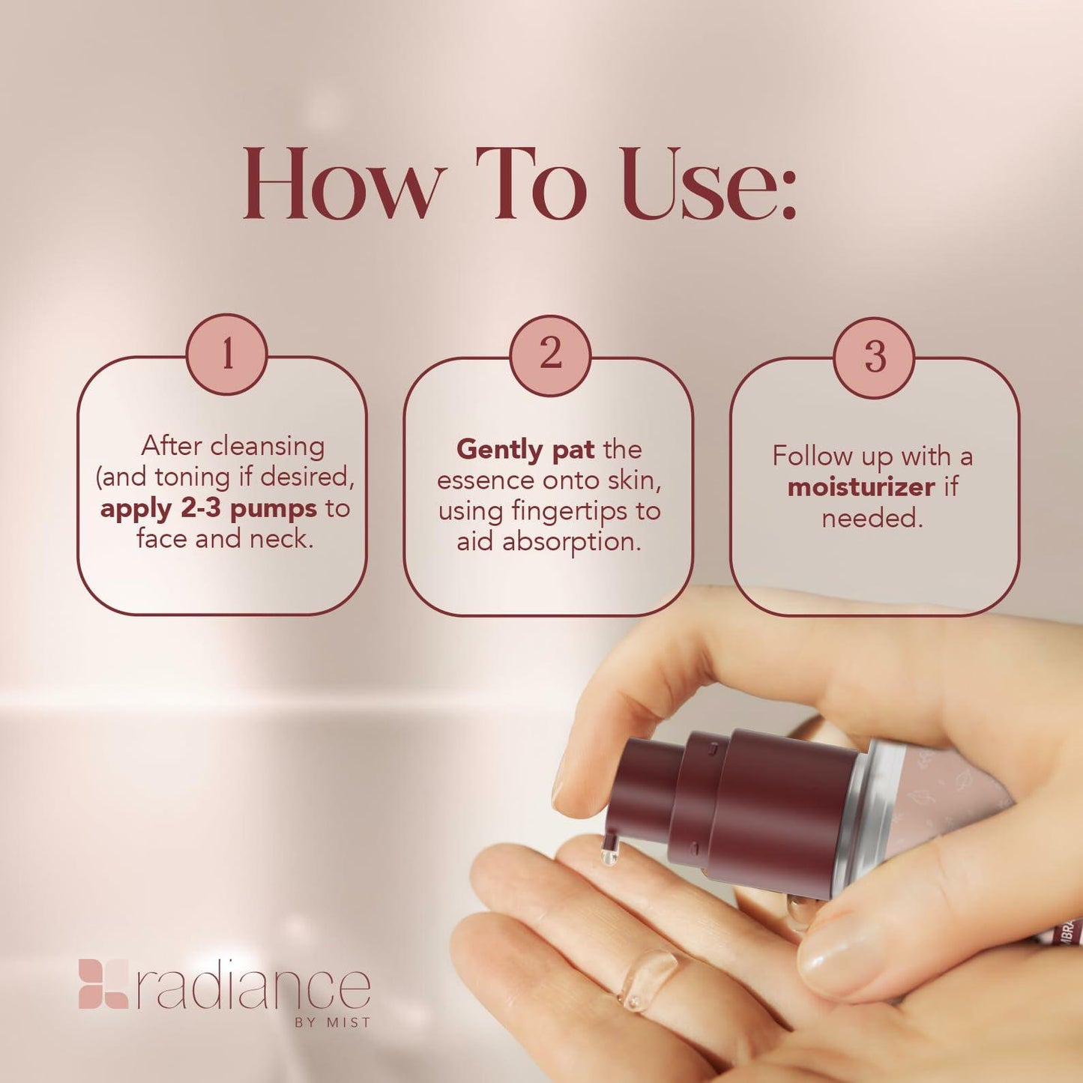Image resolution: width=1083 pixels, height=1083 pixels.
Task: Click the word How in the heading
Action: [341, 184]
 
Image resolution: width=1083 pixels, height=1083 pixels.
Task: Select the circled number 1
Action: [227, 354]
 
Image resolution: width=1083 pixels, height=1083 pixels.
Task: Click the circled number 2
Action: [550, 354]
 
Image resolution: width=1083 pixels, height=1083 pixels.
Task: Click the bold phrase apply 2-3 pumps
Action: [208, 509]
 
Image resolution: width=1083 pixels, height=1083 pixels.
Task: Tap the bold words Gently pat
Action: [525, 450]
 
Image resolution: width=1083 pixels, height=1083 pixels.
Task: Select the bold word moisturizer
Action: [861, 487]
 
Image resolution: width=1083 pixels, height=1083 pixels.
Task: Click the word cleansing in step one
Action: [268, 446]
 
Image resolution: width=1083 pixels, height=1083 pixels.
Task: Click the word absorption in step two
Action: [571, 542]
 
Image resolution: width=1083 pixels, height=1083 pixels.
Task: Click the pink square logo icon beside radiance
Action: [103, 983]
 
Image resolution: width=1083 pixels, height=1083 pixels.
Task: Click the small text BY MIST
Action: [332, 1022]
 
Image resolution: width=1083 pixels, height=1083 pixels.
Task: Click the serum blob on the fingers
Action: [645, 978]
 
